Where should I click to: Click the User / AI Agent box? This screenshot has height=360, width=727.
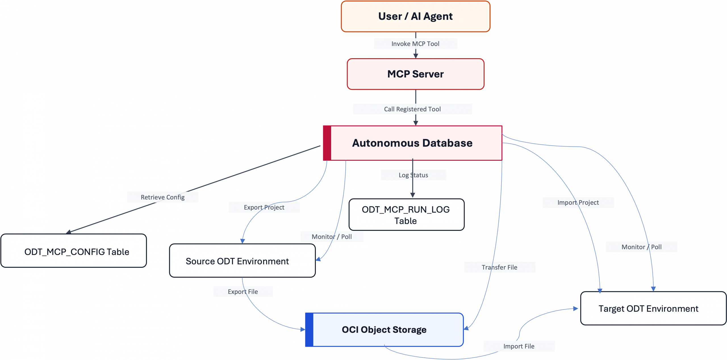pos(415,16)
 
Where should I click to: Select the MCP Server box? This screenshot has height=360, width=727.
pos(415,74)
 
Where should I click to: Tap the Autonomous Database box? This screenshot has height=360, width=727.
pos(413,143)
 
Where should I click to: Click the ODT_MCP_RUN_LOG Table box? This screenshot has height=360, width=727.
pos(406,215)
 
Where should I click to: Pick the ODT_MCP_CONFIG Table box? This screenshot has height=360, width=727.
pos(74,252)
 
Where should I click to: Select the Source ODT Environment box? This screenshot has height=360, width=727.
pos(242,261)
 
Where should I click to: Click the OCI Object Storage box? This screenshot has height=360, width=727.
pos(384,330)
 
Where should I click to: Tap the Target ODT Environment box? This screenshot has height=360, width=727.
pos(653,309)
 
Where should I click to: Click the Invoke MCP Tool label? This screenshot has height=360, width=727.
pos(415,44)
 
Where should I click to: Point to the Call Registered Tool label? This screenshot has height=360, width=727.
pos(412,109)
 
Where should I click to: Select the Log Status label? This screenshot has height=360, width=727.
pos(413,175)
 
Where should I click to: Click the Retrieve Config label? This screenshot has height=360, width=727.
pos(162,197)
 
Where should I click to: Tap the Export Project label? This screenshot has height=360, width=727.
pos(264,207)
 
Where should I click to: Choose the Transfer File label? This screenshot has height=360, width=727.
pos(500,267)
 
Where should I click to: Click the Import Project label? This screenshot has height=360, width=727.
pos(578,202)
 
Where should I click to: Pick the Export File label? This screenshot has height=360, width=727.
pos(243,292)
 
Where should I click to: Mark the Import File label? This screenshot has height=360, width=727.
pos(519,346)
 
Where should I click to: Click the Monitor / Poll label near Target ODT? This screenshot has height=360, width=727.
pos(642,247)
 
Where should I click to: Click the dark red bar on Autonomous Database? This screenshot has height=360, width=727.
pos(327,143)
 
